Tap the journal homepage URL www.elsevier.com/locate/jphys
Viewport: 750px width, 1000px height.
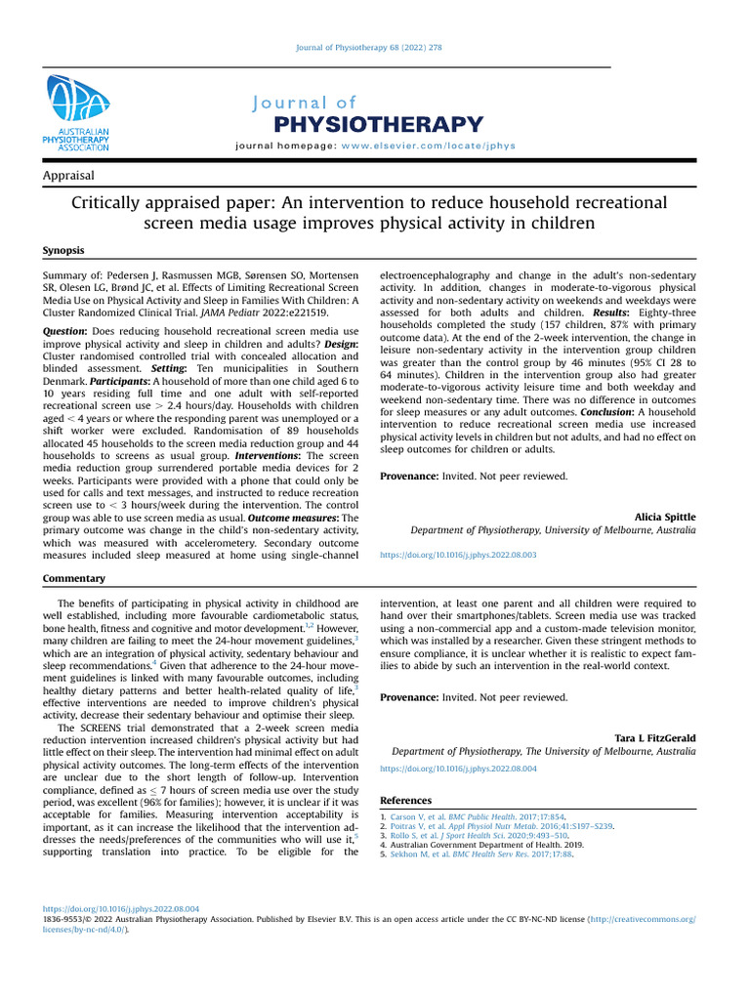[x=429, y=146]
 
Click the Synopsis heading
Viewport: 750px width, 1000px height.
[x=63, y=251]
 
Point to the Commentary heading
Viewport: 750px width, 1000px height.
[x=74, y=579]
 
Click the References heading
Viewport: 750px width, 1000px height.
[x=405, y=801]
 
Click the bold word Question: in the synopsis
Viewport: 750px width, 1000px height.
[x=65, y=332]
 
